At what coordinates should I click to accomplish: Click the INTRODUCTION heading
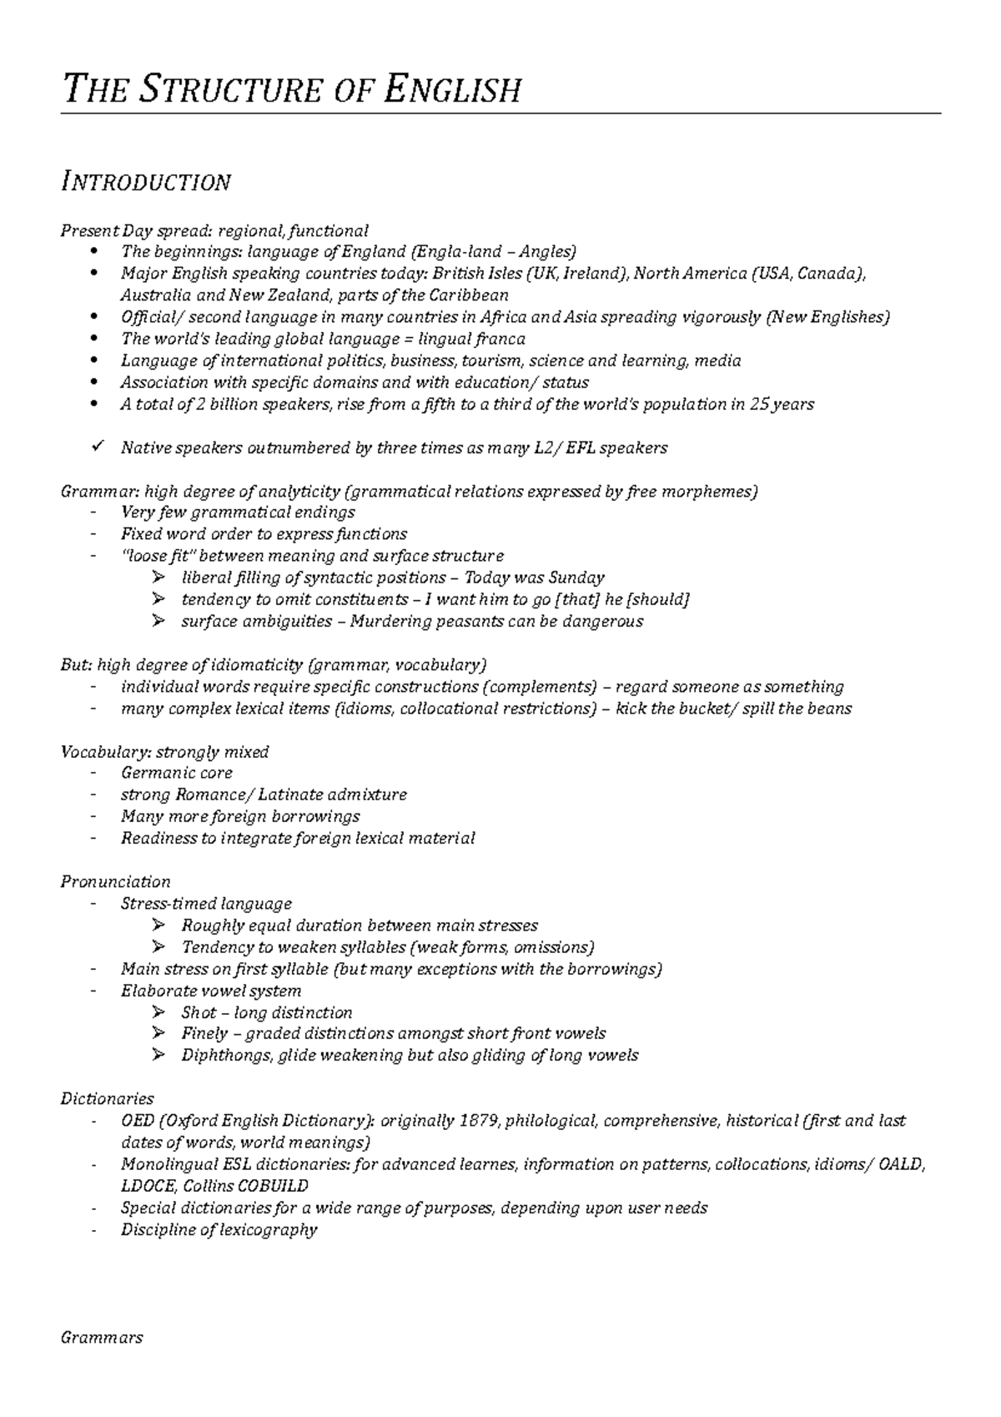coord(146,182)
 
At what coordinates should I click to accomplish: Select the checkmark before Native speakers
coord(98,447)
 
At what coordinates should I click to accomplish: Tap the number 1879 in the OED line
coord(480,1121)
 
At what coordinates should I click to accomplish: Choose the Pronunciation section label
coord(115,882)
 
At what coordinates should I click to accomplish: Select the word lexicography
coord(271,1229)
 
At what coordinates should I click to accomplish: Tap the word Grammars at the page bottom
coord(102,1338)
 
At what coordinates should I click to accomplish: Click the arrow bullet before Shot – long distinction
coord(158,1012)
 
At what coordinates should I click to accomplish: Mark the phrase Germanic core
coord(176,773)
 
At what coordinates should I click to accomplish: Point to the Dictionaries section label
coord(107,1099)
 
